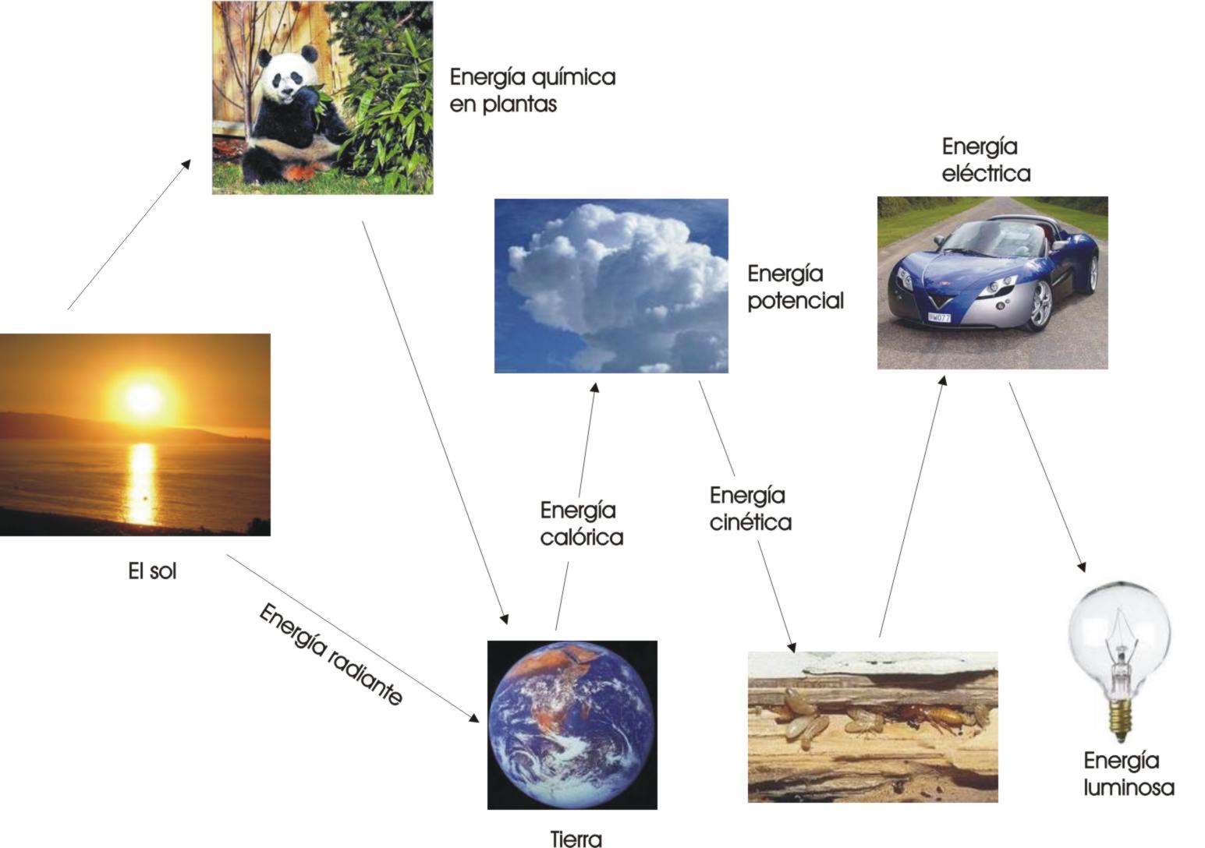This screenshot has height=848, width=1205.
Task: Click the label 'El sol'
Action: pyautogui.click(x=152, y=571)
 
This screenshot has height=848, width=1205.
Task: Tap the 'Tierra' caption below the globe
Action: pyautogui.click(x=576, y=839)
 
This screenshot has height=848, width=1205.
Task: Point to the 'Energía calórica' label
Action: pyautogui.click(x=581, y=524)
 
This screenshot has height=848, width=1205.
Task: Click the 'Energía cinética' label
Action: pyautogui.click(x=750, y=508)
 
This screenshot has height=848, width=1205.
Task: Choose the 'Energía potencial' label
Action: pyautogui.click(x=795, y=287)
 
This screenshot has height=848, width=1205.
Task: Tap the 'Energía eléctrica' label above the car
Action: pyautogui.click(x=985, y=159)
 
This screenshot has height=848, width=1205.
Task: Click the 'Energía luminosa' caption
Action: pyautogui.click(x=1128, y=774)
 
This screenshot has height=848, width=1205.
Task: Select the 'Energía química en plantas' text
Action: pyautogui.click(x=533, y=90)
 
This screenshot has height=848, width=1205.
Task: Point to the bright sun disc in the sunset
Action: pyautogui.click(x=144, y=397)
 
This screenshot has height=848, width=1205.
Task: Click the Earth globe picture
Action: pyautogui.click(x=572, y=724)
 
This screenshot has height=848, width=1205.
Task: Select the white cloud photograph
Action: pyautogui.click(x=611, y=285)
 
